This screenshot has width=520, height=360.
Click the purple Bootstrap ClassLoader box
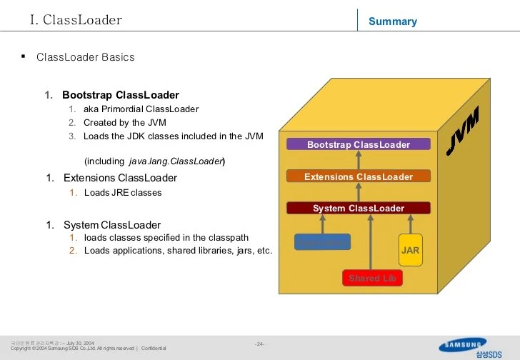359,144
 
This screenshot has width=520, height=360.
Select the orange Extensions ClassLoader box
359,176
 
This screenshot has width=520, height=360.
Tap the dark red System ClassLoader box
359,209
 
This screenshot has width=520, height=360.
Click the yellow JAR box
410,251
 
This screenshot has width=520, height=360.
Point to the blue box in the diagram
322,242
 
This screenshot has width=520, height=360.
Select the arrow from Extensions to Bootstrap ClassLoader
359,160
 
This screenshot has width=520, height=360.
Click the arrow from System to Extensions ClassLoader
359,192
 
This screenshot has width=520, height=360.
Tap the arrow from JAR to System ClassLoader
410,224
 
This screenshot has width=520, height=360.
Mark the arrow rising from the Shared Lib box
370,243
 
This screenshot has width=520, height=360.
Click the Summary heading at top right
392,21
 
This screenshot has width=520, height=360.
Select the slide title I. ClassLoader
76,20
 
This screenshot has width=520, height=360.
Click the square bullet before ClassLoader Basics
24,56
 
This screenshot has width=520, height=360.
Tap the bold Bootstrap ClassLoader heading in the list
120,95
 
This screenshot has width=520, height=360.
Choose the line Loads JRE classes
123,193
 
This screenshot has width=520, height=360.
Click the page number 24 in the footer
260,344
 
